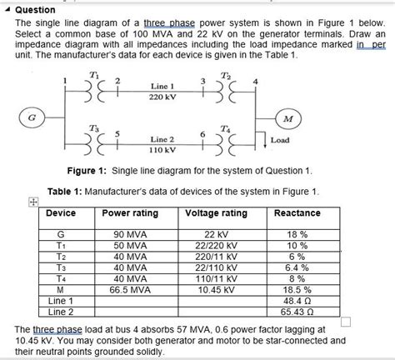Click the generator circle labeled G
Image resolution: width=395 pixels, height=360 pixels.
(x=32, y=117)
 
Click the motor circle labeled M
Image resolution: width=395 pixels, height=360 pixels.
(x=288, y=118)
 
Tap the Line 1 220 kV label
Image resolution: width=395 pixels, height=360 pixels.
(x=162, y=92)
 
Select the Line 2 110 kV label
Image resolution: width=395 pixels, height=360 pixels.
(x=162, y=145)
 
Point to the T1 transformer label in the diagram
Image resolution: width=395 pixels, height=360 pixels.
(x=93, y=75)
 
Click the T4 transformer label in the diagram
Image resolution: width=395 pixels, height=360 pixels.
(x=227, y=127)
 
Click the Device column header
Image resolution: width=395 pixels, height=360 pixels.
(x=62, y=213)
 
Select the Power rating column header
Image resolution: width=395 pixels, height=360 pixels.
(x=129, y=213)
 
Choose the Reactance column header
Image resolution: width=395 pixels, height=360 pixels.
(x=297, y=213)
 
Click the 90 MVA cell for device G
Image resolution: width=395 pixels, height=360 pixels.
(x=130, y=236)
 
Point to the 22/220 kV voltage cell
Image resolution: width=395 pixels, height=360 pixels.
(x=216, y=247)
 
